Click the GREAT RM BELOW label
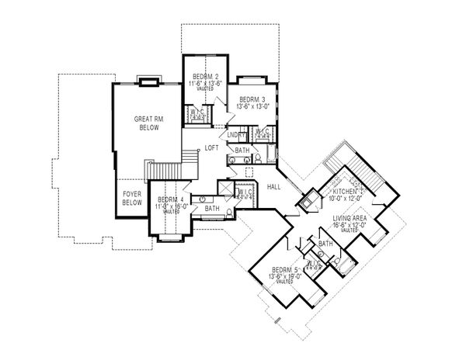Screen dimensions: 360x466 (147, 124)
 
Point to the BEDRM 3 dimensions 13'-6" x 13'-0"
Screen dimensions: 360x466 (252, 107)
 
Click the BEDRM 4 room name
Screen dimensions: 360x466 (169, 199)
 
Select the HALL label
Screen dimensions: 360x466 (274, 187)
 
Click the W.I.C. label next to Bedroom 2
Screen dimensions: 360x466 (196, 112)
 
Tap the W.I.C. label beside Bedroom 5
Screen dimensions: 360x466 (314, 264)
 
